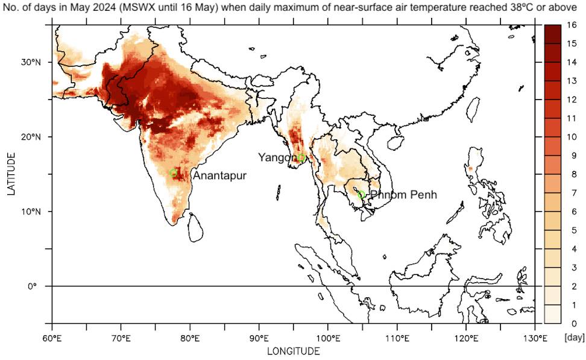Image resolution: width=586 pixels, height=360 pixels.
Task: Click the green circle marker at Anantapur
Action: pyautogui.click(x=174, y=173)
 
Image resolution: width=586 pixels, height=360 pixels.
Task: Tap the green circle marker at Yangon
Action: pyautogui.click(x=301, y=158)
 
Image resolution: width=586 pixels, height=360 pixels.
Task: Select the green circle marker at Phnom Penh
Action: pyautogui.click(x=362, y=194)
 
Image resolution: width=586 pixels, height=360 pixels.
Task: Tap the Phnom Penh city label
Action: pyautogui.click(x=403, y=195)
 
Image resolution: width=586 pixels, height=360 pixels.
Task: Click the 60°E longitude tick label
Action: pyautogui.click(x=52, y=336)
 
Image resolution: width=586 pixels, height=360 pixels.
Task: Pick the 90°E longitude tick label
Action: pyautogui.click(x=259, y=336)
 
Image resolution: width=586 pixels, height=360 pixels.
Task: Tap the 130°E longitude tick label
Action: pyautogui.click(x=535, y=336)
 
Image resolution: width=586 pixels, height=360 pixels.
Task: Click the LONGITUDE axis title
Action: pyautogui.click(x=294, y=350)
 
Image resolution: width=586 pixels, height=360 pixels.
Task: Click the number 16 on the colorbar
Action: pyautogui.click(x=572, y=25)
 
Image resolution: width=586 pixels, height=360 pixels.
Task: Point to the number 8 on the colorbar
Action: pyautogui.click(x=572, y=174)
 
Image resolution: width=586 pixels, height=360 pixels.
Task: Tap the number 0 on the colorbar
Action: pyautogui.click(x=572, y=323)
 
